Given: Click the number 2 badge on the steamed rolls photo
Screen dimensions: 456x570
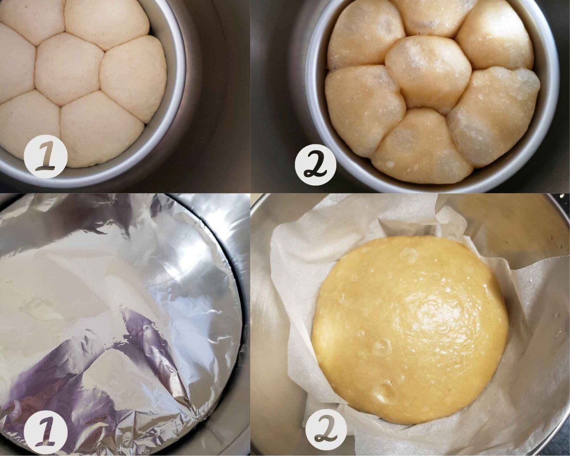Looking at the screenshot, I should tap(315, 163).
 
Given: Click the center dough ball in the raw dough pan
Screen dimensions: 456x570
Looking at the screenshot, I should tap(69, 68).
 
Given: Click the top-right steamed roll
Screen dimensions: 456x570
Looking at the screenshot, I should tap(494, 37).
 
